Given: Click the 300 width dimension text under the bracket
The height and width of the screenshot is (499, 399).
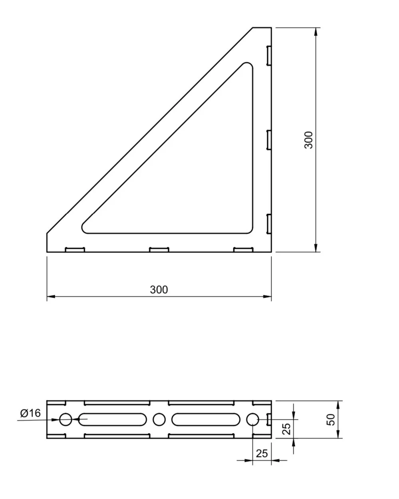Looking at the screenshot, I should click(x=159, y=290).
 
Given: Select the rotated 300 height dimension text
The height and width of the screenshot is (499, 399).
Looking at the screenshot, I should click(x=309, y=140).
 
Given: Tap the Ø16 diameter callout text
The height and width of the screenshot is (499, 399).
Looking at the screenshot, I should click(x=30, y=413).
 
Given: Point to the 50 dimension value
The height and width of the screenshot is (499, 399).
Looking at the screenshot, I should click(x=331, y=419).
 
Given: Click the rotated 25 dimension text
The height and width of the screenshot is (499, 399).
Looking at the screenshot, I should click(x=286, y=429).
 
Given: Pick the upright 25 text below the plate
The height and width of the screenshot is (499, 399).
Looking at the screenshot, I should click(x=262, y=453).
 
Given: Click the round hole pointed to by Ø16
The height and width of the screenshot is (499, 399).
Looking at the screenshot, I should click(x=66, y=419).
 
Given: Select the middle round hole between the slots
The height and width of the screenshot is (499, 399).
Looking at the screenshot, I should click(x=159, y=419).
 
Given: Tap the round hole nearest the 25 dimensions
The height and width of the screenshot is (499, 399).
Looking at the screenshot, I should click(x=252, y=419).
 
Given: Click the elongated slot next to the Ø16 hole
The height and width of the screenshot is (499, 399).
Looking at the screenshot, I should click(x=112, y=419).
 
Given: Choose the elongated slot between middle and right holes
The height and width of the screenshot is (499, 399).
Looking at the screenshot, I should click(x=206, y=419).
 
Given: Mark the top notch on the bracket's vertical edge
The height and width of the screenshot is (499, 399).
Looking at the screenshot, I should click(x=269, y=55).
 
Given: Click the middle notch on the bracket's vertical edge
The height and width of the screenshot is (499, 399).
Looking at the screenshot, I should click(x=269, y=140).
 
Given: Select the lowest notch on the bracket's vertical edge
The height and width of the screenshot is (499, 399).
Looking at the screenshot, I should click(x=269, y=224).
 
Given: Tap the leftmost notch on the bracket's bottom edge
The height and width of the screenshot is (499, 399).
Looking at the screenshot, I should click(x=75, y=250).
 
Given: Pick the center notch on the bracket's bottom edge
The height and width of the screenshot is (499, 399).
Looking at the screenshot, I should click(x=159, y=250).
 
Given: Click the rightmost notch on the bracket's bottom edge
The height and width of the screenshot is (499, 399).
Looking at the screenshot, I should click(x=243, y=250).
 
